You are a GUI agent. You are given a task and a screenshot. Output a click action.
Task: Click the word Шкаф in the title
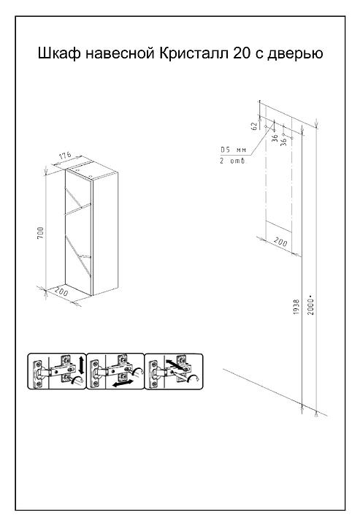click(x=59, y=53)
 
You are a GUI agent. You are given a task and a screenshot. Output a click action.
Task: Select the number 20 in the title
click(x=242, y=53)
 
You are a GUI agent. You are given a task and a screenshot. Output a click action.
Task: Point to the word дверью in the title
click(x=295, y=54)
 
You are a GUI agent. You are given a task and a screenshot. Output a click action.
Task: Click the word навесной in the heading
click(x=120, y=53)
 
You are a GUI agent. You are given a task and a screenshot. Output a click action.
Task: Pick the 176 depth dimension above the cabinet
click(x=65, y=156)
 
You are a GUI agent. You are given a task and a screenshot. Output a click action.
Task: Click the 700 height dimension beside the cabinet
click(x=40, y=233)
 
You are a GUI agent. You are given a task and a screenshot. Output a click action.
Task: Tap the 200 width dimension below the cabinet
click(x=61, y=291)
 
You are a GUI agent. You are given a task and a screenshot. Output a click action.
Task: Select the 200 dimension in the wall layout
click(x=280, y=242)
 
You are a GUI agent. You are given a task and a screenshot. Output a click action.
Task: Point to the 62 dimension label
click(x=254, y=126)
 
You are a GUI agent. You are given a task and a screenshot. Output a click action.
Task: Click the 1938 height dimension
click(x=296, y=307)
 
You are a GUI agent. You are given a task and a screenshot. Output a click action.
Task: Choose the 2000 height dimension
click(x=311, y=305)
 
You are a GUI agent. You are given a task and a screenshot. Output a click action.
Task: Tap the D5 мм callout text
click(x=233, y=150)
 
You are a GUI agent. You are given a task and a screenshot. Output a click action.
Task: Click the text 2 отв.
click(x=233, y=161)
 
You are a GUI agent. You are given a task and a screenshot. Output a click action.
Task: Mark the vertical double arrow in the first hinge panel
click(x=81, y=365)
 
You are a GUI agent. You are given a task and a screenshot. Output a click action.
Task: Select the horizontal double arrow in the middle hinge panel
click(x=121, y=384)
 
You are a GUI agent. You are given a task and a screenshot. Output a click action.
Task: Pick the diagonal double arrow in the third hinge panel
click(x=175, y=365)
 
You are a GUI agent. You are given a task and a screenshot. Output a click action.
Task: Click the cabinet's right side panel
click(x=105, y=235)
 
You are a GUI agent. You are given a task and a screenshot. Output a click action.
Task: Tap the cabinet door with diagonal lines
click(x=78, y=232)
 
